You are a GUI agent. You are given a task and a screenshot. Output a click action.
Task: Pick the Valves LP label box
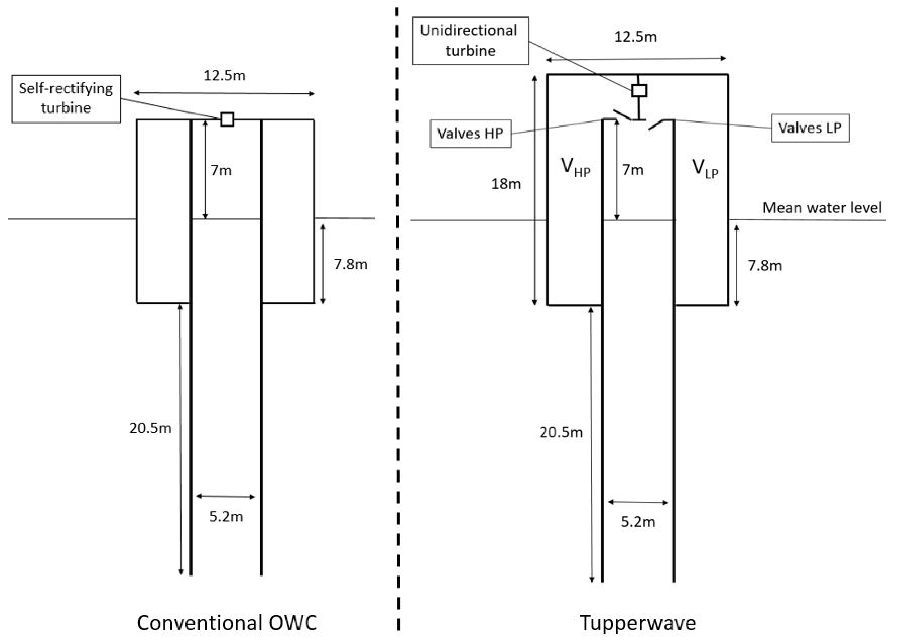pyautogui.click(x=810, y=128)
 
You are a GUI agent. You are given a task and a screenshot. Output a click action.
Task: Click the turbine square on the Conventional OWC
pyautogui.click(x=227, y=119)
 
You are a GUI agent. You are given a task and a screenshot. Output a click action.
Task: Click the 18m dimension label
pyautogui.click(x=506, y=184)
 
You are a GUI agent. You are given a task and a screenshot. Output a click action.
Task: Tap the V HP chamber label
pyautogui.click(x=575, y=167)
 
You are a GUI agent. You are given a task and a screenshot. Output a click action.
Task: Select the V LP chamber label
pyautogui.click(x=705, y=168)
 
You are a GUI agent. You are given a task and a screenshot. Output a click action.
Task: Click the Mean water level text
pyautogui.click(x=822, y=208)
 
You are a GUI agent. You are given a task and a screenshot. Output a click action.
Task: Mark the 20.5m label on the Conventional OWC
pyautogui.click(x=150, y=428)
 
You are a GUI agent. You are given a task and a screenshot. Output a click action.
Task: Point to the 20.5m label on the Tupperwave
pyautogui.click(x=561, y=433)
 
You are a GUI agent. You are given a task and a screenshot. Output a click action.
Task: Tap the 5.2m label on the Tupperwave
pyautogui.click(x=638, y=522)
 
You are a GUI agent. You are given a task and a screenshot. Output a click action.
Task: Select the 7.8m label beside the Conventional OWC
pyautogui.click(x=351, y=264)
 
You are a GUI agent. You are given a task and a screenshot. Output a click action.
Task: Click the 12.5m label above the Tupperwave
pyautogui.click(x=636, y=37)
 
